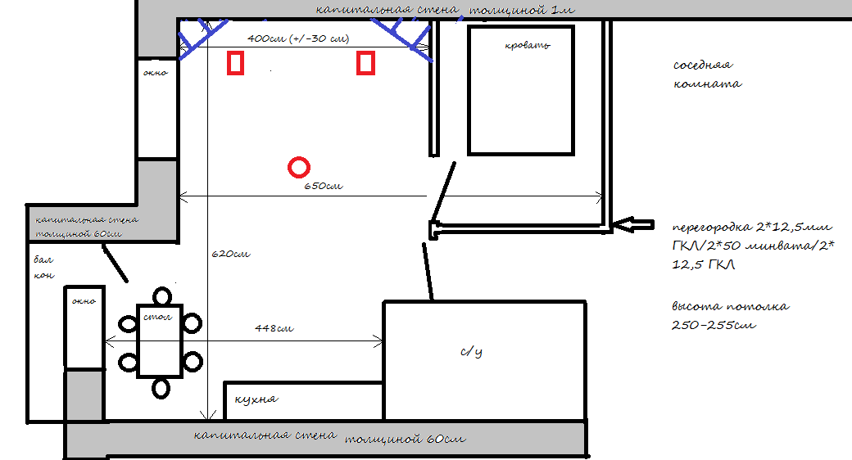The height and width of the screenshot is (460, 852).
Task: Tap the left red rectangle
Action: click(229, 62)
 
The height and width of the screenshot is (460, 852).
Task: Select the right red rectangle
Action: click(358, 62)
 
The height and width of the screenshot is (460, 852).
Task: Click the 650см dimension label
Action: click(324, 186)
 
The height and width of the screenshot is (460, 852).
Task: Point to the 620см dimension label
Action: click(231, 254)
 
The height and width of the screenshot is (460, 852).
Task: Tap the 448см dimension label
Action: click(274, 328)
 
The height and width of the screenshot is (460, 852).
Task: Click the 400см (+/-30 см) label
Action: click(298, 38)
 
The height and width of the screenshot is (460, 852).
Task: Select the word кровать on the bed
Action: click(528, 46)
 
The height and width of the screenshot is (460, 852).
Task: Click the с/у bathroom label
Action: click(471, 352)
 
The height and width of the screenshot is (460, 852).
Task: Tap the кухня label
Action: click(256, 399)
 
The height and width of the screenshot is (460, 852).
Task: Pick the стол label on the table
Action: click(157, 317)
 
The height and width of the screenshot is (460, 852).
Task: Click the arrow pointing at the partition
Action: click(632, 224)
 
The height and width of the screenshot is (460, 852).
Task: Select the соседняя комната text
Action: click(708, 74)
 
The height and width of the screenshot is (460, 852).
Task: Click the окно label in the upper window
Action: click(156, 73)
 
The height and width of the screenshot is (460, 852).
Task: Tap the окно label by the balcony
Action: click(84, 301)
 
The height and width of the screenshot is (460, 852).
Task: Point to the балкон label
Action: click(44, 267)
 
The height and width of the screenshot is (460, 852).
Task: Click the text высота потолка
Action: click(730, 306)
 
